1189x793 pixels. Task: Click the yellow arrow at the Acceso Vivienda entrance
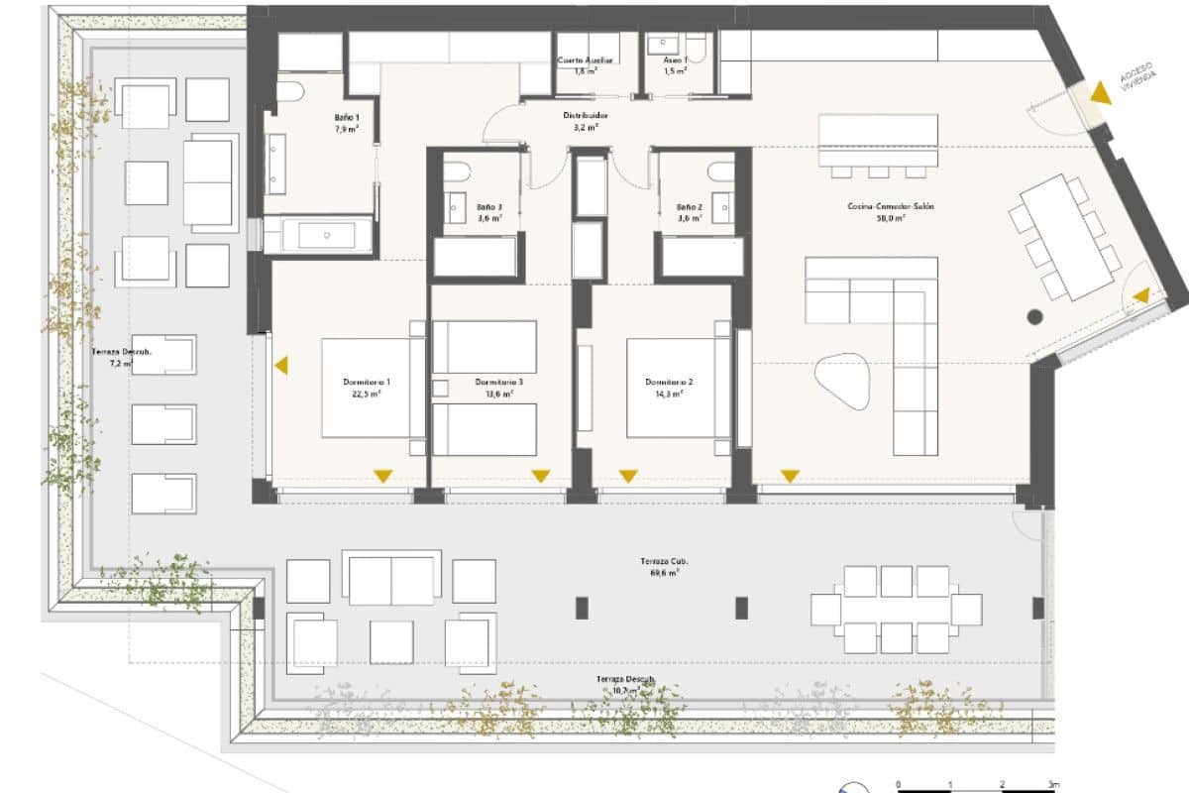pyautogui.click(x=1100, y=93)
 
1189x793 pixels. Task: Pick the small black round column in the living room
pyautogui.click(x=1035, y=317)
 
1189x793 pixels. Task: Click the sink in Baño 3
pyautogui.click(x=457, y=208)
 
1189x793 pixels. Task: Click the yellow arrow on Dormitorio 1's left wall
pyautogui.click(x=282, y=366)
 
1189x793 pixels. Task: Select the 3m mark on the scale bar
pyautogui.click(x=1053, y=785)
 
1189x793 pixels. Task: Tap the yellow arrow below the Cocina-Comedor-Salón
pyautogui.click(x=790, y=477)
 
